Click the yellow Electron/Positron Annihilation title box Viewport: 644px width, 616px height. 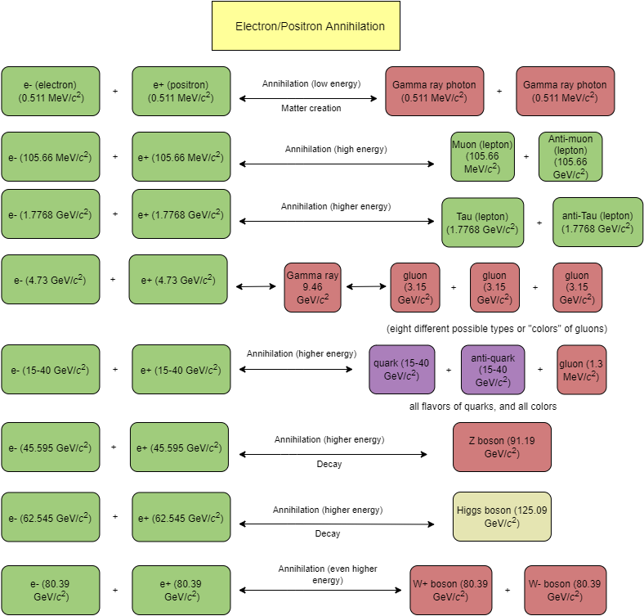coord(310,26)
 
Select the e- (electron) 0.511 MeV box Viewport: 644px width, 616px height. coord(51,92)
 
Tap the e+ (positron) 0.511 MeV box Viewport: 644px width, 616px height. coord(181,92)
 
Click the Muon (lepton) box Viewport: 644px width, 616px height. coord(481,156)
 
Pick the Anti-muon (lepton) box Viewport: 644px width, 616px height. coord(570,156)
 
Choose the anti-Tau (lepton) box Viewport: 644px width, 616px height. coord(597,222)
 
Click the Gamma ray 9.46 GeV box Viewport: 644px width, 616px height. coord(312,287)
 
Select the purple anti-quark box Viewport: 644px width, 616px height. coord(493,369)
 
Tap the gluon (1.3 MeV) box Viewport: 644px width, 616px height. coord(582,369)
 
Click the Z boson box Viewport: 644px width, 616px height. coord(502,447)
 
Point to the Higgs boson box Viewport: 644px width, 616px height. coord(502,516)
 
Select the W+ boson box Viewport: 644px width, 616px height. coord(451,590)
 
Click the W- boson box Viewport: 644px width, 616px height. coord(569,590)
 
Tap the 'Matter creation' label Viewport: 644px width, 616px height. coord(311,108)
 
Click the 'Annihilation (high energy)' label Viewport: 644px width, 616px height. coord(335,149)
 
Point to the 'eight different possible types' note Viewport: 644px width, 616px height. coord(496,329)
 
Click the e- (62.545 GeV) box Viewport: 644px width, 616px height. coord(51,518)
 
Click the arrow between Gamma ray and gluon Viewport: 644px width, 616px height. coord(366,287)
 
